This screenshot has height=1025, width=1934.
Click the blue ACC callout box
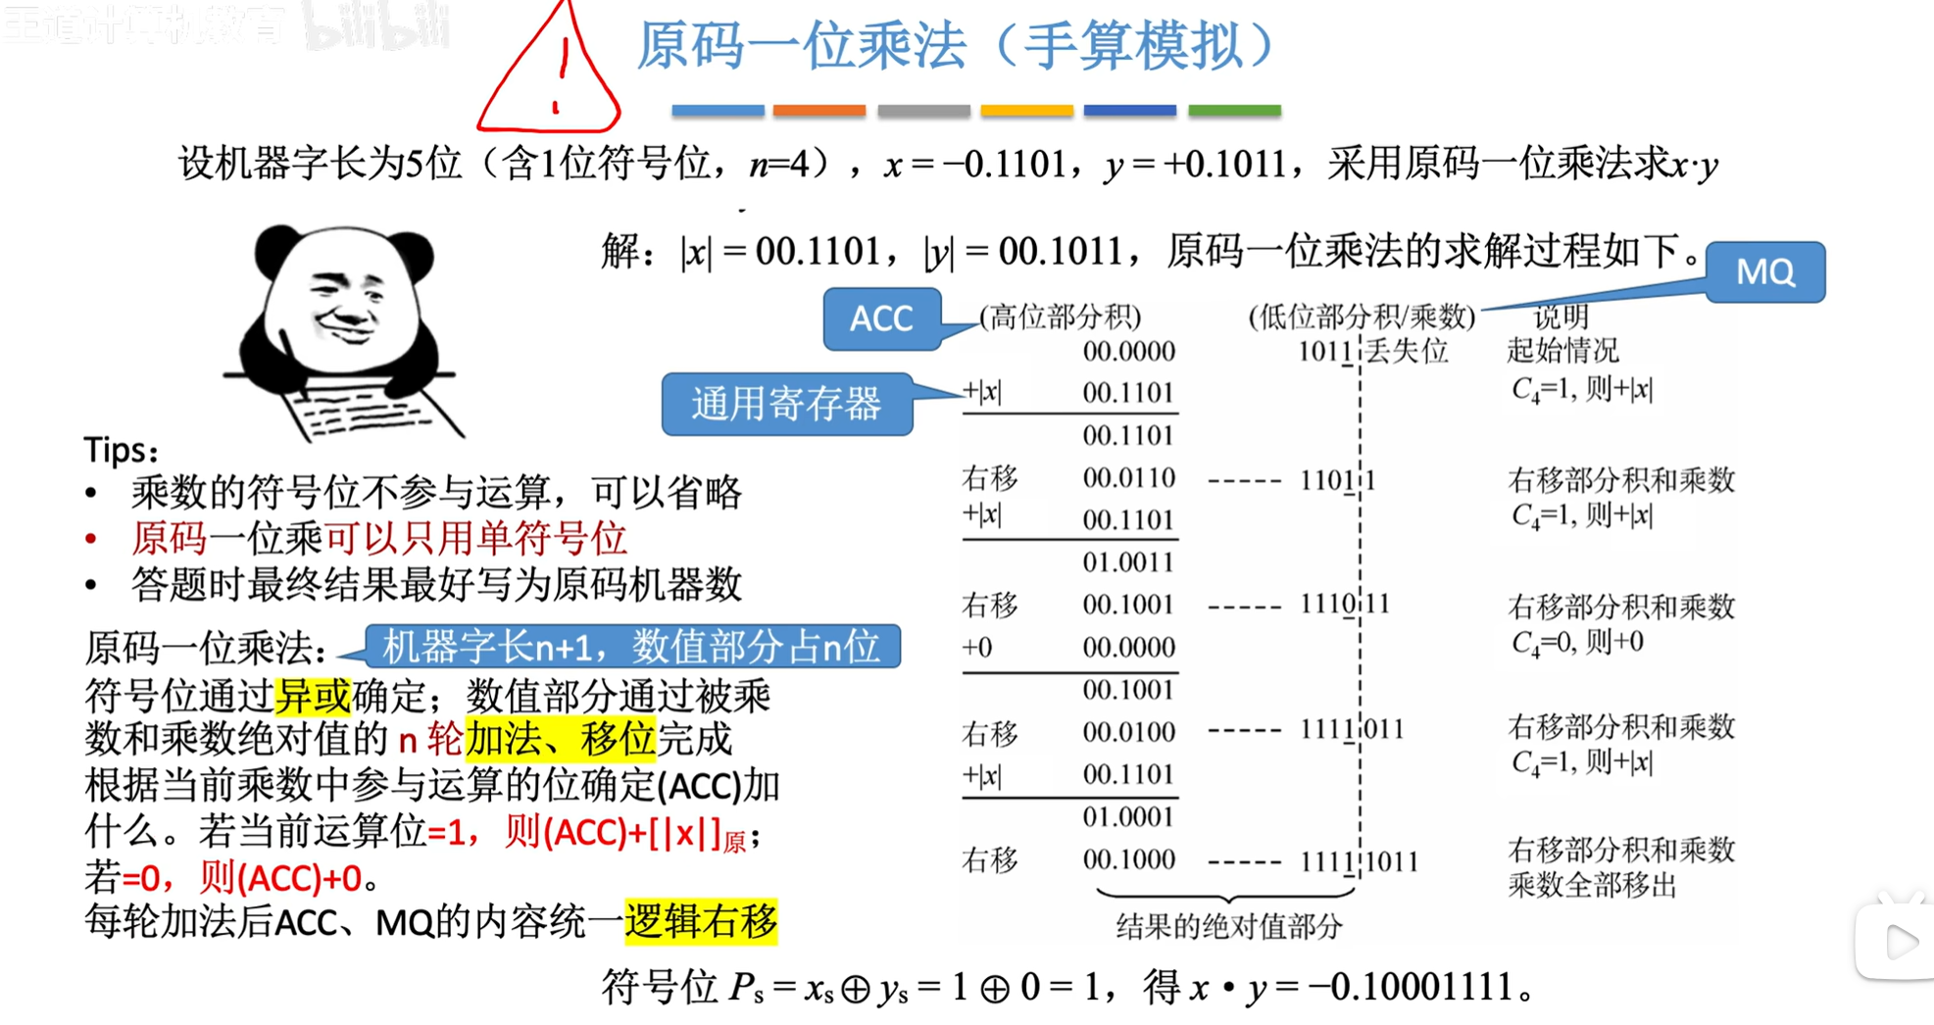coord(881,318)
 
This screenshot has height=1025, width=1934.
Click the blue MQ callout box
coord(1764,271)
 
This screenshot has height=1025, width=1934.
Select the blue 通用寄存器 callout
coord(786,404)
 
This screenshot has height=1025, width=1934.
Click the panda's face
coord(343,299)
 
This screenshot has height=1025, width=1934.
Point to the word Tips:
coord(121,450)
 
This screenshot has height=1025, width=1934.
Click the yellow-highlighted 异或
coord(313,696)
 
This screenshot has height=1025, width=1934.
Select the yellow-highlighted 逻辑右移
coord(701,921)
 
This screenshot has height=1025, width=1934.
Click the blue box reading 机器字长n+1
coord(632,647)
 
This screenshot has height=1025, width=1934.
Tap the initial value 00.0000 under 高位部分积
coord(1128,351)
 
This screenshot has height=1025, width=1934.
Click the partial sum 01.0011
coord(1128,562)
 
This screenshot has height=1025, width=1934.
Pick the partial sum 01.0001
coord(1128,816)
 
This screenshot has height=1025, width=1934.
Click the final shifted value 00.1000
coord(1128,859)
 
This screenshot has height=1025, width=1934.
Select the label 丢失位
coord(1407,351)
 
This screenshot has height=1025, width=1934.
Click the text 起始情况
coord(1562,351)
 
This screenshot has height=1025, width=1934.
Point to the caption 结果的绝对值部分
coord(1228,926)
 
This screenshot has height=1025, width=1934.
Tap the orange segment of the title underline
coord(818,111)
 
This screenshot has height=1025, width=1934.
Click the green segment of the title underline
coord(1234,111)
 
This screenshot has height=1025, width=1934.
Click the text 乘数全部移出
coord(1592,885)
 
